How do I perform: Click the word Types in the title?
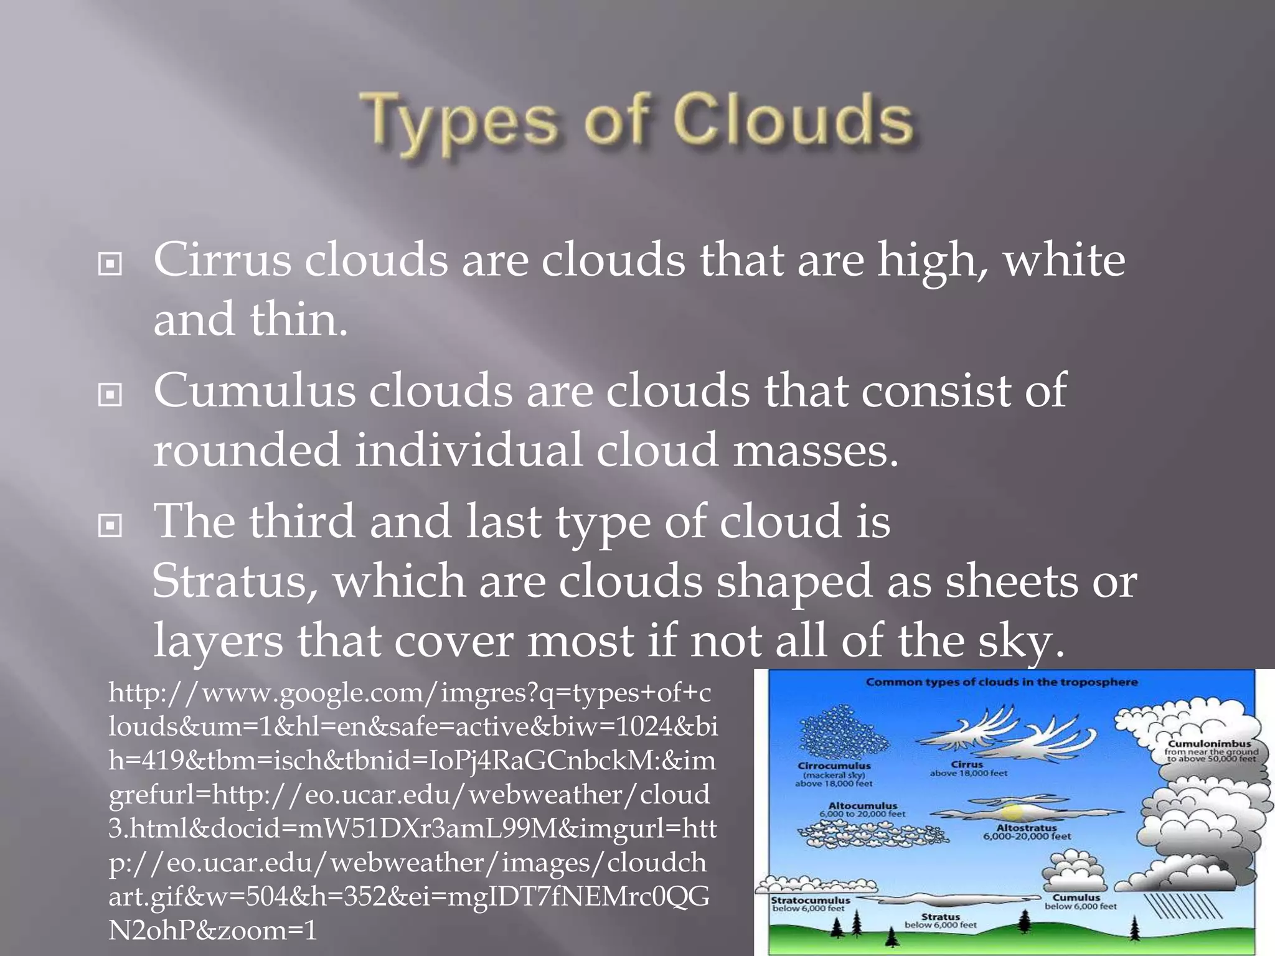point(461,121)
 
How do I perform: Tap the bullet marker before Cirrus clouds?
point(110,265)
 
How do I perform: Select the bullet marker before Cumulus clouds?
point(110,395)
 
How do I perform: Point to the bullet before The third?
point(110,526)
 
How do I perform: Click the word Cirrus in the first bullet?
point(222,260)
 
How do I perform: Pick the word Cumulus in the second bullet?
point(254,391)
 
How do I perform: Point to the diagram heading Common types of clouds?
point(1001,682)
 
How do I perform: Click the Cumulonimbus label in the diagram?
point(1208,744)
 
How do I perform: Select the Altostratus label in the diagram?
point(1026,828)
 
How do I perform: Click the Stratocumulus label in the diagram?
point(810,900)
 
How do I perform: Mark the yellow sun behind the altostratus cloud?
point(1012,812)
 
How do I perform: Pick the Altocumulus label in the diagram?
point(862,805)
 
